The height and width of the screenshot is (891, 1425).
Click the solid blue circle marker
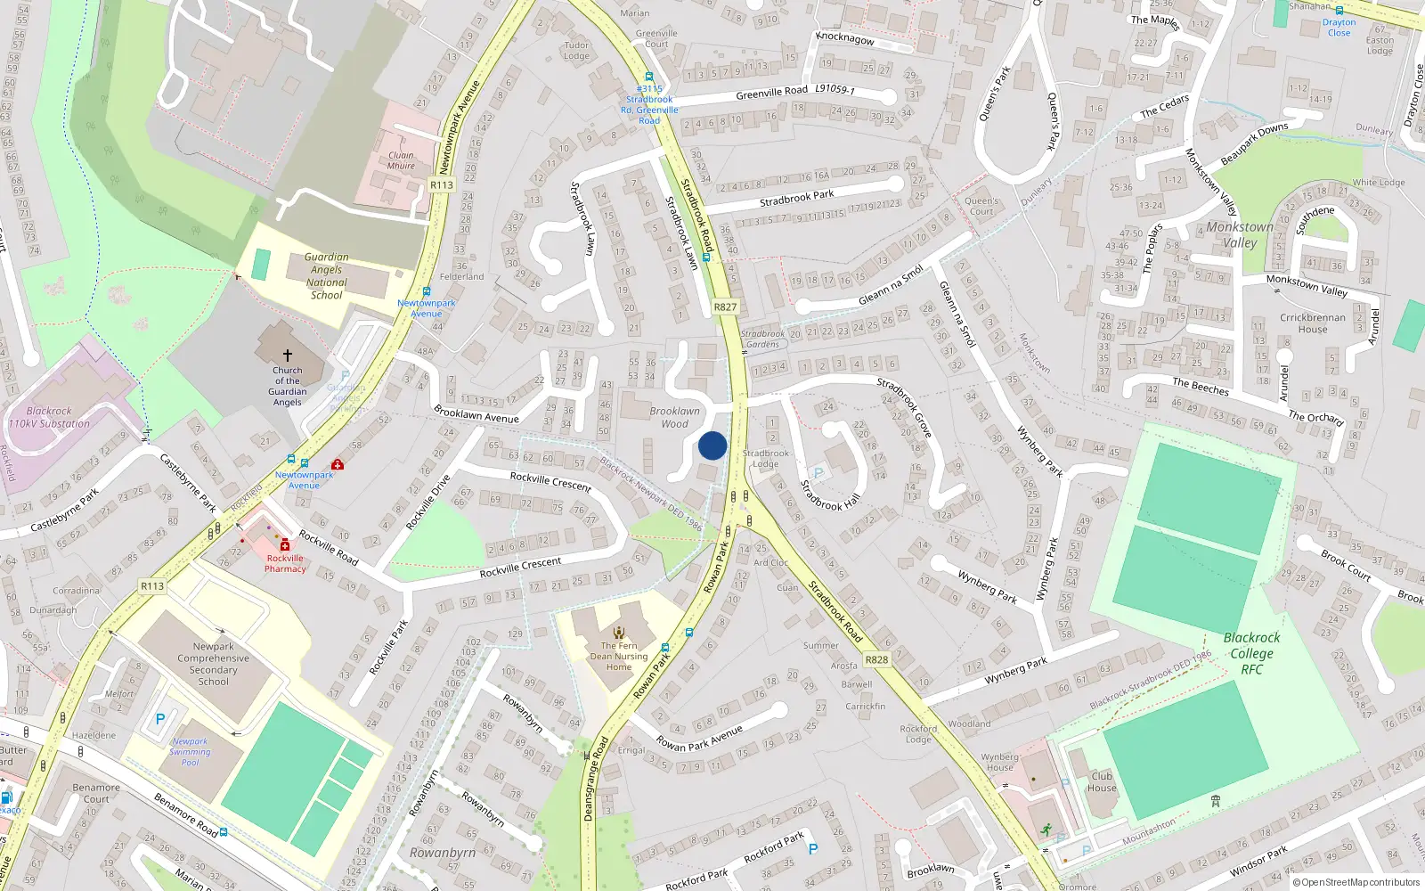(x=712, y=445)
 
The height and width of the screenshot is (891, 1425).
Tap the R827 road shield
(x=725, y=307)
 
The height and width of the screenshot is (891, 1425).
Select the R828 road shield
(x=876, y=660)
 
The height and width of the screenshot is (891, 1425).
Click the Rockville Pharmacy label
(x=285, y=563)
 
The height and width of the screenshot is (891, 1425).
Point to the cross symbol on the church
(x=288, y=355)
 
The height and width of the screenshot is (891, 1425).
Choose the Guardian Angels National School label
(x=327, y=276)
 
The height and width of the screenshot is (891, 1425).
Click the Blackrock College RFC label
(x=1251, y=653)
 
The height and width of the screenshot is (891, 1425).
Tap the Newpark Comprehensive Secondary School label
(x=214, y=664)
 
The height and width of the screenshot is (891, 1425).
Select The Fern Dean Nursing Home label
(x=619, y=657)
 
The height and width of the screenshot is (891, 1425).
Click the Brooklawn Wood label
(x=675, y=417)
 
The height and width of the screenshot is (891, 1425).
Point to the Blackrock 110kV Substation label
(x=49, y=418)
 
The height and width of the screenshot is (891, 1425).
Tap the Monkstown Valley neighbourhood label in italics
(x=1240, y=234)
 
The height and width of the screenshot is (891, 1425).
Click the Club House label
(x=1102, y=781)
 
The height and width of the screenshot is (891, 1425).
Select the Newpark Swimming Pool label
(x=191, y=751)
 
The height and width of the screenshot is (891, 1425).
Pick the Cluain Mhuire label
(x=401, y=160)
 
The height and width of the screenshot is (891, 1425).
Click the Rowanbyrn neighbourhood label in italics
(x=443, y=853)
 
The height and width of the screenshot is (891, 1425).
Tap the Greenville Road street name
(x=771, y=92)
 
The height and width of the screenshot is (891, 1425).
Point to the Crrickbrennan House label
(x=1313, y=323)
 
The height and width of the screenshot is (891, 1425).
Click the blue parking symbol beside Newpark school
(x=160, y=719)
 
